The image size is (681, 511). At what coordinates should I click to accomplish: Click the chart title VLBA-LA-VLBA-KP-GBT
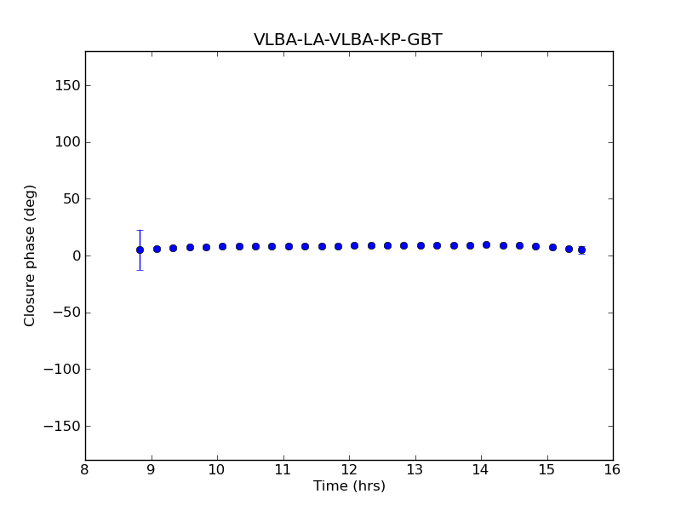tap(348, 40)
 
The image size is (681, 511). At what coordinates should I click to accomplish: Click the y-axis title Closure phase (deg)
tap(31, 255)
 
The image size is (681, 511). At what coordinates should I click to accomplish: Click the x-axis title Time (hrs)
tap(349, 486)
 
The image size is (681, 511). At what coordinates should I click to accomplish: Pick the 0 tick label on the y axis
tap(74, 255)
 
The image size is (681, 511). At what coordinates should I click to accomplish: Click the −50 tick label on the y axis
tap(65, 313)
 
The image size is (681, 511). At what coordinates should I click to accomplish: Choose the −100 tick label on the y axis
tap(61, 370)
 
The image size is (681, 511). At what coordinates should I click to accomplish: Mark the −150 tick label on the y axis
tap(61, 426)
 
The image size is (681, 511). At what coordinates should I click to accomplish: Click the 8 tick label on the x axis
tap(85, 470)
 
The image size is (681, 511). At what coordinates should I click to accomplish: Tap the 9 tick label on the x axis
tap(152, 470)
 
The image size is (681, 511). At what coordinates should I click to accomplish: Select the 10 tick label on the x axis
tap(217, 470)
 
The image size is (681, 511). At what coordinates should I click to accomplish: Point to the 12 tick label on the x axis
tap(349, 470)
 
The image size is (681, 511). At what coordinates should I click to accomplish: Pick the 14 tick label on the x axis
tap(481, 470)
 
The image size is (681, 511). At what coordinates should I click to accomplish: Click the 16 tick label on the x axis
tap(613, 470)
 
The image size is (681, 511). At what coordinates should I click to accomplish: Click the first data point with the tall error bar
tap(140, 250)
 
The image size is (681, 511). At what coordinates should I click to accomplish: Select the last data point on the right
tap(581, 250)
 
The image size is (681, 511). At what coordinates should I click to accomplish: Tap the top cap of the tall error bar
tap(140, 230)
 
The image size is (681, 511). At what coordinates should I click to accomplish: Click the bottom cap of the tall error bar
tap(140, 270)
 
